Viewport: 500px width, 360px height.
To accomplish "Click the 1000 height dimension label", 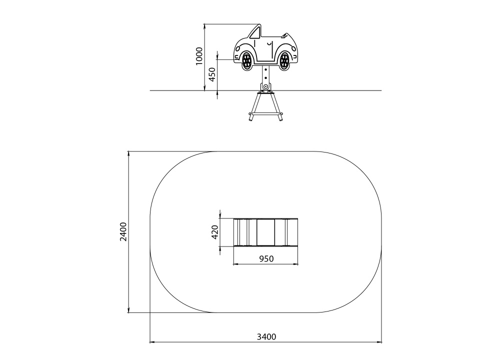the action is point(199,56).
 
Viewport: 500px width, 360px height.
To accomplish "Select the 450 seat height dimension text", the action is point(212,74).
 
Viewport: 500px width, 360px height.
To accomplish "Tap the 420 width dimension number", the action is point(215,232).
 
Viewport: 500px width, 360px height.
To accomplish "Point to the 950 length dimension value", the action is point(266,258).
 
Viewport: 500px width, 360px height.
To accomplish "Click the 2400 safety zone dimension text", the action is point(123,232).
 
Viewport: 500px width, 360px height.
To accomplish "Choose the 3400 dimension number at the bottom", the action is point(266,336).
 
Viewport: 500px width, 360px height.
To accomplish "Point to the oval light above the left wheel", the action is point(237,48).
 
